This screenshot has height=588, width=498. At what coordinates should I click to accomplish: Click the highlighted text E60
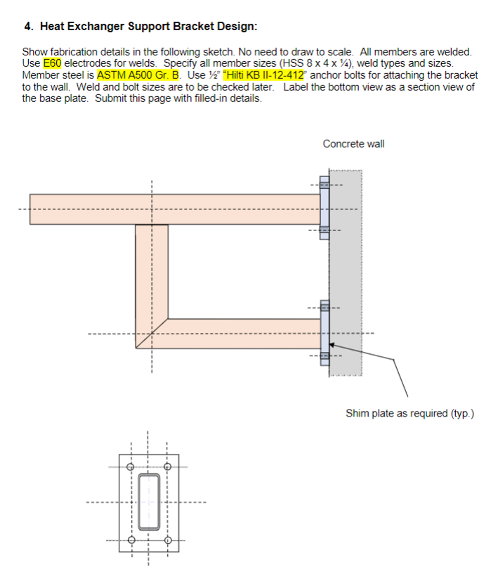[x=53, y=63]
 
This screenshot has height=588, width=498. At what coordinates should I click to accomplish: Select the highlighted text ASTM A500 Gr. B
[x=138, y=74]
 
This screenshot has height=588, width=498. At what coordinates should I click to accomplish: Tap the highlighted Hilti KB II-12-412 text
[x=263, y=74]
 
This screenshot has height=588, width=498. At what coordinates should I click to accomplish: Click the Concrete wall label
[x=353, y=144]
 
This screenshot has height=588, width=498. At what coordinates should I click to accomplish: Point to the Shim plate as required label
[x=409, y=413]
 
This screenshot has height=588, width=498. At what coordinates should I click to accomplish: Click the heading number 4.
[x=28, y=27]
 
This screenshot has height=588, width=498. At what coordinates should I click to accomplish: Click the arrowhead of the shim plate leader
[x=331, y=344]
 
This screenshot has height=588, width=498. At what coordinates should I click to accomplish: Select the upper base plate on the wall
[x=325, y=208]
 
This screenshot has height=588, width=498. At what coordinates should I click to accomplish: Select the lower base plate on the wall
[x=325, y=332]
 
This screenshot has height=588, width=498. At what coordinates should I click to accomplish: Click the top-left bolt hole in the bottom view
[x=129, y=466]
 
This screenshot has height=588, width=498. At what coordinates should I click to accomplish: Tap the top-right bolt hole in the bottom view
[x=167, y=466]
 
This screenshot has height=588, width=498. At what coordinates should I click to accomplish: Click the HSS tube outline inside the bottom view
[x=148, y=502]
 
